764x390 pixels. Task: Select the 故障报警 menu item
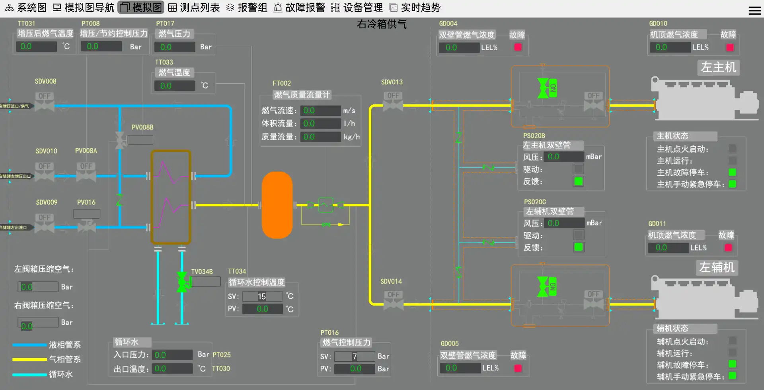tap(299, 8)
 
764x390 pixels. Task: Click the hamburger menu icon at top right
tap(754, 11)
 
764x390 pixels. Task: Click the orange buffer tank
tap(277, 205)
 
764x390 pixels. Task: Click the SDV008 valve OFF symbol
tap(44, 102)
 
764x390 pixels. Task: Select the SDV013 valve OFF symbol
tap(393, 101)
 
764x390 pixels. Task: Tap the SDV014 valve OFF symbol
tap(393, 300)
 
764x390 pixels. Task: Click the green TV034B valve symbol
tap(183, 282)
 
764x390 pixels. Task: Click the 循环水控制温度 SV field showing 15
tap(262, 296)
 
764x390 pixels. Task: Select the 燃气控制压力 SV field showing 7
tap(354, 357)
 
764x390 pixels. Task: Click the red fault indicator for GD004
tap(518, 47)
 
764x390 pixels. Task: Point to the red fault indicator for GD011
tap(728, 248)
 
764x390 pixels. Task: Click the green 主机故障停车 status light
tap(732, 172)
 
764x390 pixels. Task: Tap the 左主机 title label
tap(718, 67)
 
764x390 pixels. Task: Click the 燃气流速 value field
tap(320, 110)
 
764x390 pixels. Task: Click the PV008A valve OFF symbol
tap(86, 172)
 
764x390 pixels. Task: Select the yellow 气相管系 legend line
tap(29, 359)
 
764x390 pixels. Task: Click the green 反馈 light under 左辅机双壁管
tap(579, 247)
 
